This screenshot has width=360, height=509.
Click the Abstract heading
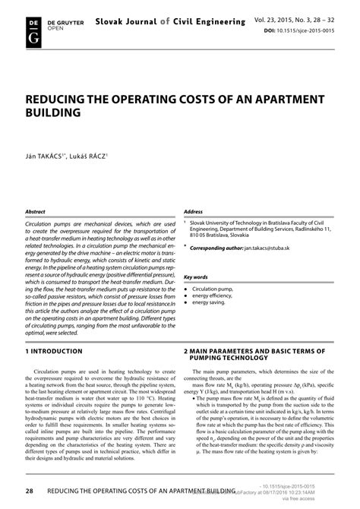(36, 191)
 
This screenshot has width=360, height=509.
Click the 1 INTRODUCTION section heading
(54, 352)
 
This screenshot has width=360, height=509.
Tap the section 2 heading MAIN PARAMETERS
(254, 355)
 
